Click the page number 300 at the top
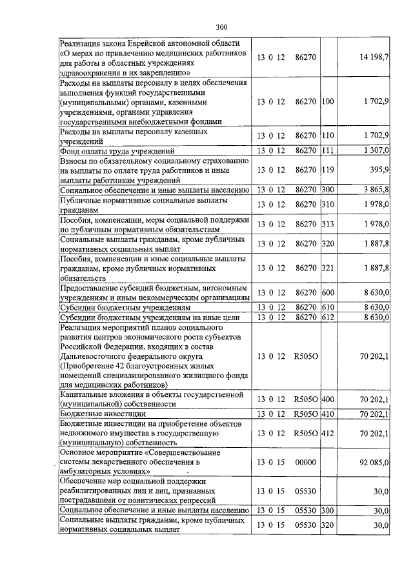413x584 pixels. [x=221, y=26]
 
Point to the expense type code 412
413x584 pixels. [x=328, y=433]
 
